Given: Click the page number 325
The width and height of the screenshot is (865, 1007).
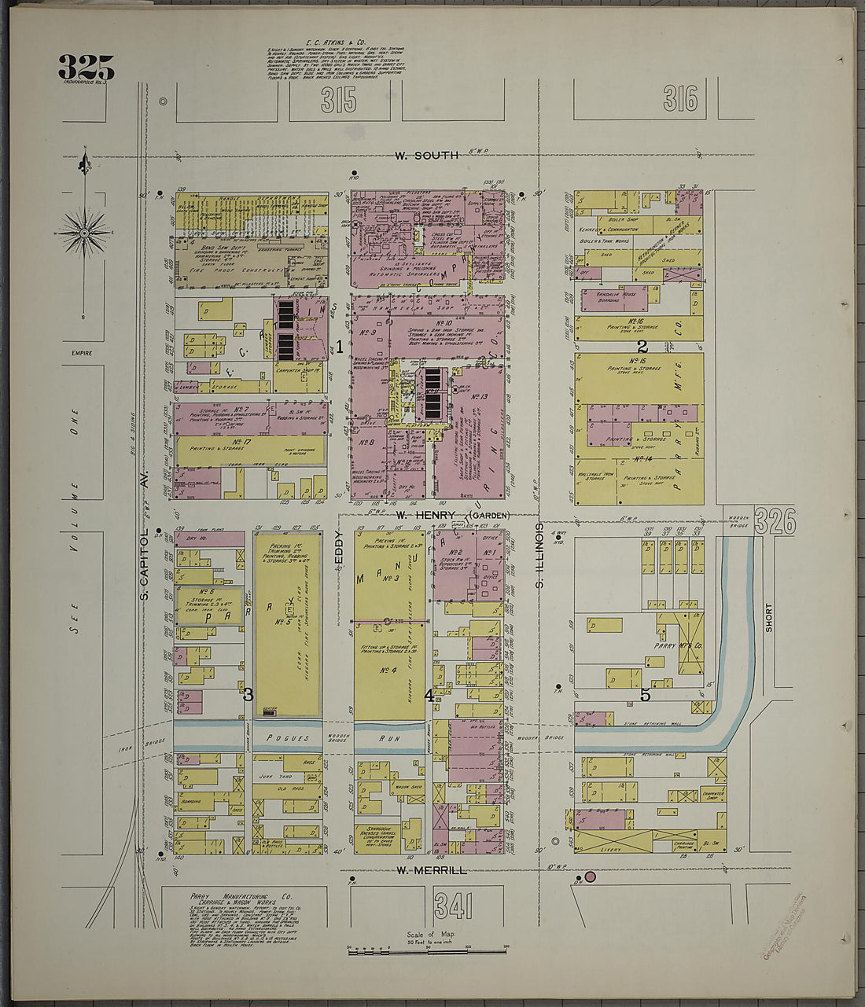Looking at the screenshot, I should tap(86, 68).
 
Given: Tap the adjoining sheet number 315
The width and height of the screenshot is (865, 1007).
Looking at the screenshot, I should tap(338, 101).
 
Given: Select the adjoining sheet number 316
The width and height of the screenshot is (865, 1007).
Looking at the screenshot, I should tap(679, 99).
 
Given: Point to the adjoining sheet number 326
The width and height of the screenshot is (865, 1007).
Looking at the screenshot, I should tap(775, 521).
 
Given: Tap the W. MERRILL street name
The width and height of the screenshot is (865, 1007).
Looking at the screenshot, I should tap(432, 870).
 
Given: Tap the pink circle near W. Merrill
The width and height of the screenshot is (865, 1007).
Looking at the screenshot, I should tap(590, 877).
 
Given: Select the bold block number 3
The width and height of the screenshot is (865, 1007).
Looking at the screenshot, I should tap(248, 694).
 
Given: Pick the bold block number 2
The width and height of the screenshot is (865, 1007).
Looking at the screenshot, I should tap(642, 346).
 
